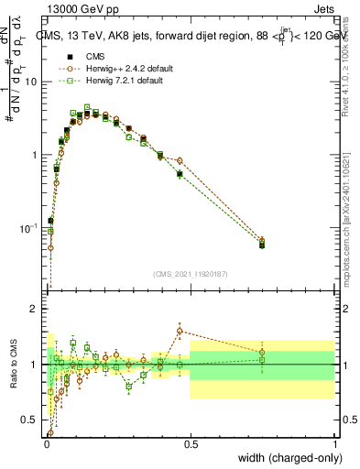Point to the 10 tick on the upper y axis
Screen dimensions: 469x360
point(30,82)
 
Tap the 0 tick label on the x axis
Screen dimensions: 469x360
point(46,442)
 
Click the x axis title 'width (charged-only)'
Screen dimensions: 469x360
point(286,457)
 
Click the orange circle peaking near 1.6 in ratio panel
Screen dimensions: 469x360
point(180,331)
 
